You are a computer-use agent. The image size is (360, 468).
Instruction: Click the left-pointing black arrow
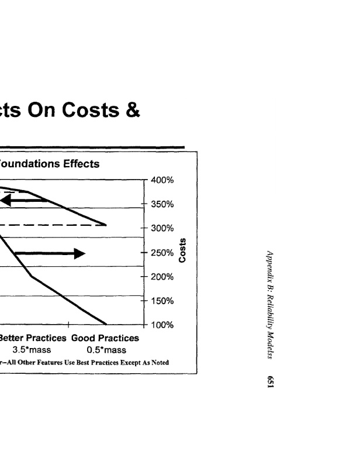tap(23, 201)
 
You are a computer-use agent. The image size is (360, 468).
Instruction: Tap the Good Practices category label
tap(105, 338)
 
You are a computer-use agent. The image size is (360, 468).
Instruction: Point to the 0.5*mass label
tap(106, 350)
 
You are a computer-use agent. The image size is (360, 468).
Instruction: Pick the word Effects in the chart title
tap(80, 164)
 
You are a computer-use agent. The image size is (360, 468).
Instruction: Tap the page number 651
tap(271, 381)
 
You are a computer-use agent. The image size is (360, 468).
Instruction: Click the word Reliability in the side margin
tap(271, 304)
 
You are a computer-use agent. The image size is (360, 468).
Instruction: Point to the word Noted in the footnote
tap(159, 362)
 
